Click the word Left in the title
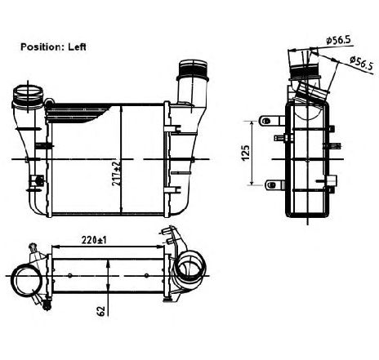(77, 47)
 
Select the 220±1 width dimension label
(94, 240)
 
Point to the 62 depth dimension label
(100, 311)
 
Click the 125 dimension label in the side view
(246, 153)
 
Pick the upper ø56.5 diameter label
(338, 40)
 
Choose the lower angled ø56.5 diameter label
(361, 63)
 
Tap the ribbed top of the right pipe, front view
(193, 69)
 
